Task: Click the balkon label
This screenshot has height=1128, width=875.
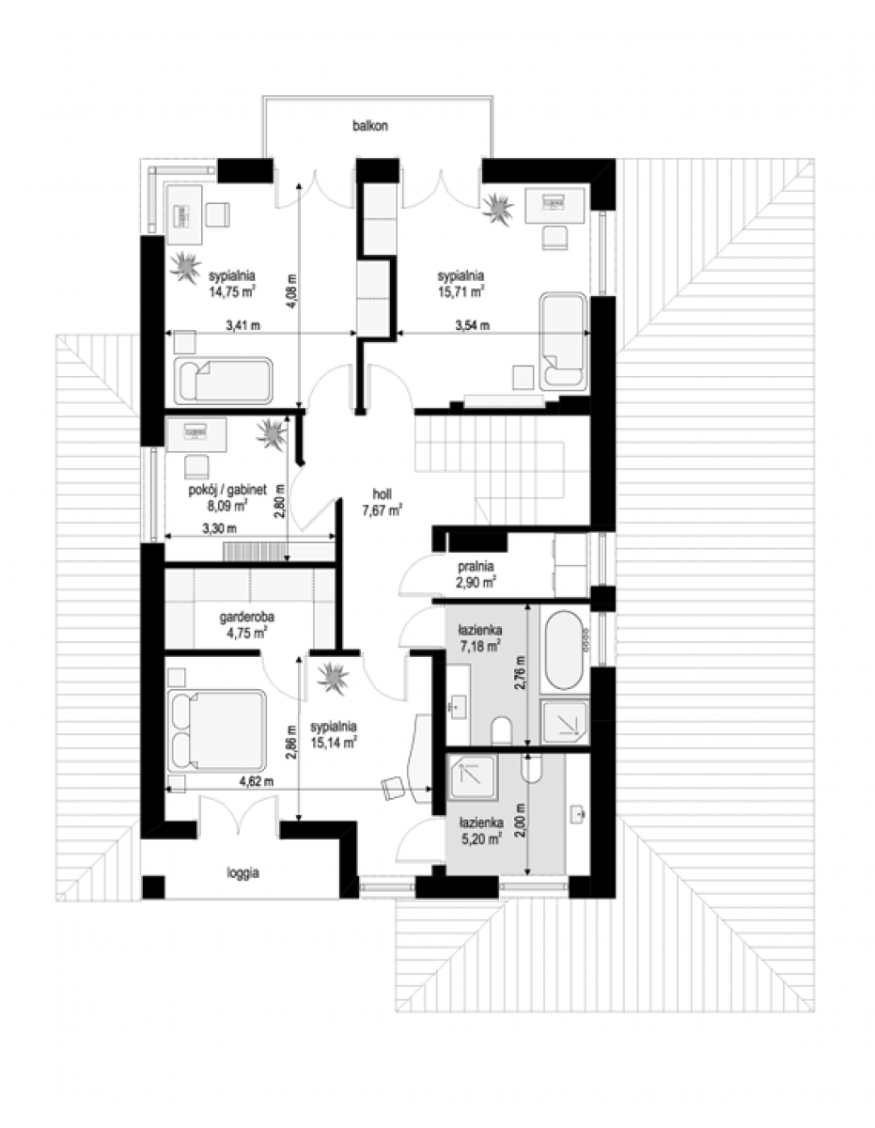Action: pos(370,126)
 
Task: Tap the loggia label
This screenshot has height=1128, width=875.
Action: pos(242,872)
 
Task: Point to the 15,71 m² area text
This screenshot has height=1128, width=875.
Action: pos(461,291)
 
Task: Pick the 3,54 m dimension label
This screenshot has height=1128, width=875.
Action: pos(472,325)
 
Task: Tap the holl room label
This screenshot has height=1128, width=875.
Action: pos(382,493)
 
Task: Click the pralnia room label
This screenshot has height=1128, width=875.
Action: pos(476,566)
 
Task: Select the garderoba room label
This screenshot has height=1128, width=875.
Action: pos(246,618)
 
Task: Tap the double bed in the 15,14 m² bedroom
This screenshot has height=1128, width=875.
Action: pos(218,729)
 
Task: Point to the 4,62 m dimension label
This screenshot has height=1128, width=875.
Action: pos(256,781)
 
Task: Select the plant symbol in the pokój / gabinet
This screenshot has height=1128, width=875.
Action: pos(271,434)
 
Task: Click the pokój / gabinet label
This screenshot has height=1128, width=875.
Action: pos(227,489)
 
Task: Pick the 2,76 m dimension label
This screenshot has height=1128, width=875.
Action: pos(520,673)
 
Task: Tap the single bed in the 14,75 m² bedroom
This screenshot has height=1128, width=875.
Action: pos(224,381)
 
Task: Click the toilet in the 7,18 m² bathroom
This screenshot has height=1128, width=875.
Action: pos(502,729)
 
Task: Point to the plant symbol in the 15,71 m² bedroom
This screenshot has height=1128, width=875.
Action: pos(498,208)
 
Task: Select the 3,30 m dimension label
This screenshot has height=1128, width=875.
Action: pos(219,529)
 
